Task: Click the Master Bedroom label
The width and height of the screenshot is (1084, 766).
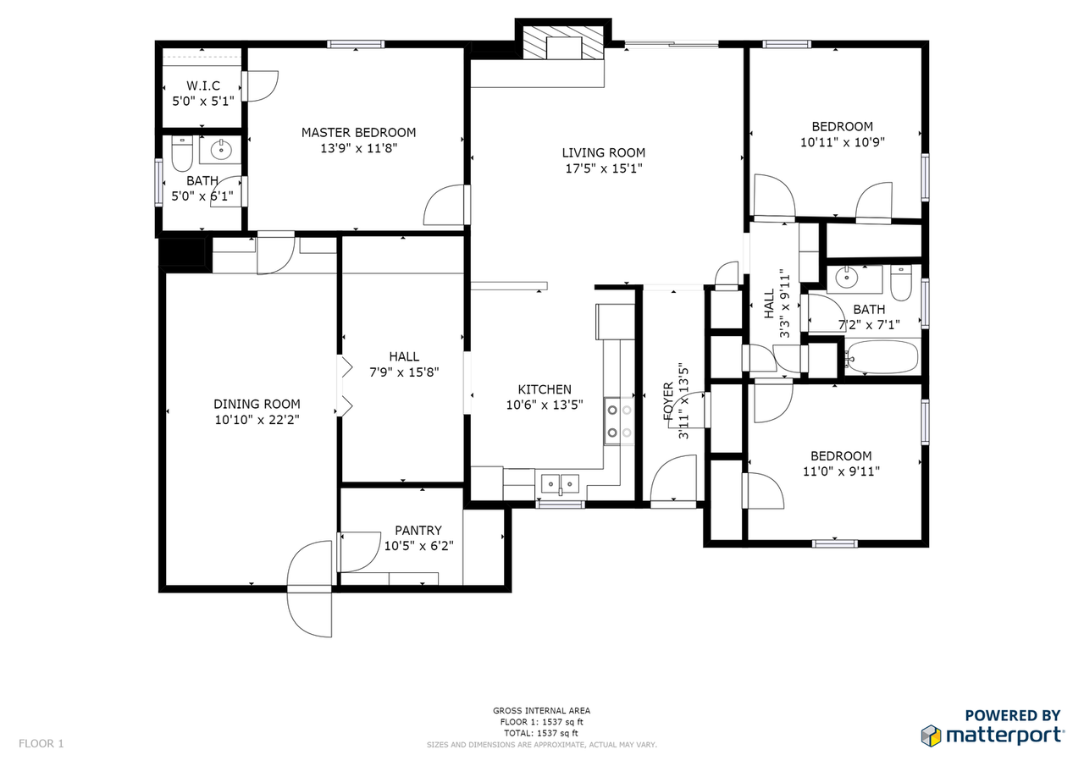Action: coord(358,132)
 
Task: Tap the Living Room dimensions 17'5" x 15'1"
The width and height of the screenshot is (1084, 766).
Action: coord(603,168)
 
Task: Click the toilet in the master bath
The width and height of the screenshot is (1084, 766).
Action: coord(182,154)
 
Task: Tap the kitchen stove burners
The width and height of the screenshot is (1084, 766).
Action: coord(618,422)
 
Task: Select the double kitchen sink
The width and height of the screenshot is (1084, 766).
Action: coord(561,484)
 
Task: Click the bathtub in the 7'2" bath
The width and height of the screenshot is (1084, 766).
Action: coord(881,358)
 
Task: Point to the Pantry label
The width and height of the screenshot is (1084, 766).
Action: coord(418,531)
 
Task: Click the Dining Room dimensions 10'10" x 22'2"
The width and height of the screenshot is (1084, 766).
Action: coord(257,419)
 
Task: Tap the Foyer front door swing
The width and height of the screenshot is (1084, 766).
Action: coord(675,479)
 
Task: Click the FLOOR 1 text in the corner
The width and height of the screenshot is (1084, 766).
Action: coord(41,744)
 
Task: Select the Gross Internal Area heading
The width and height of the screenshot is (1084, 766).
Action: coord(542,711)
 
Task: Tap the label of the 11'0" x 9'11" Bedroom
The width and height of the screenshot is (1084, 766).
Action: coord(841,455)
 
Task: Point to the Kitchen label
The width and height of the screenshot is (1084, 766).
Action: coord(545,389)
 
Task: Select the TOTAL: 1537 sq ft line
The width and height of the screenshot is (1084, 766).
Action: coord(542,733)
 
